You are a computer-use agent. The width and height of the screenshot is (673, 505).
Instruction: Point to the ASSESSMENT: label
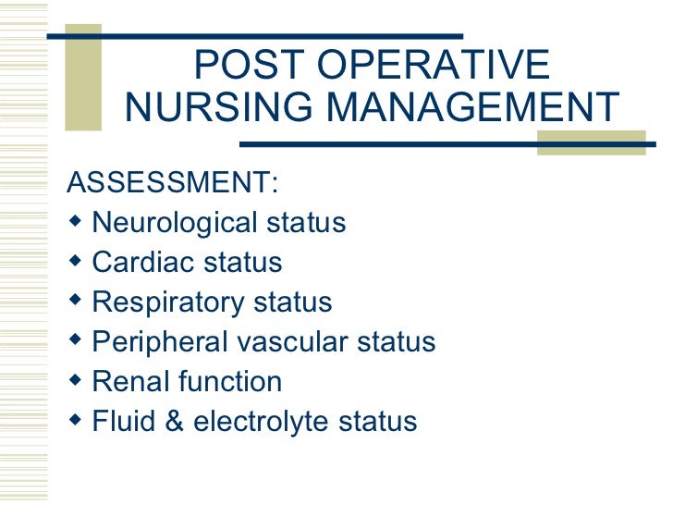[x=172, y=184]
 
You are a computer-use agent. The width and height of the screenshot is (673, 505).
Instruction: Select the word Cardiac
[x=141, y=263]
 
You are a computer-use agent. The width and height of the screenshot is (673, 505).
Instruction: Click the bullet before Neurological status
[x=75, y=222]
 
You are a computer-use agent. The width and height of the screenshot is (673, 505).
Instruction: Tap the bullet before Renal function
[x=75, y=381]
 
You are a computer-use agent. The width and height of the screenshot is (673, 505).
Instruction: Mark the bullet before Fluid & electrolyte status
[x=75, y=421]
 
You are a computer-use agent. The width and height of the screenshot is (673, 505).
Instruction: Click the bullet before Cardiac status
[x=75, y=262]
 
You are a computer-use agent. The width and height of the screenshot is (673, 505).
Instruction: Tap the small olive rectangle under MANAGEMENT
[x=591, y=142]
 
